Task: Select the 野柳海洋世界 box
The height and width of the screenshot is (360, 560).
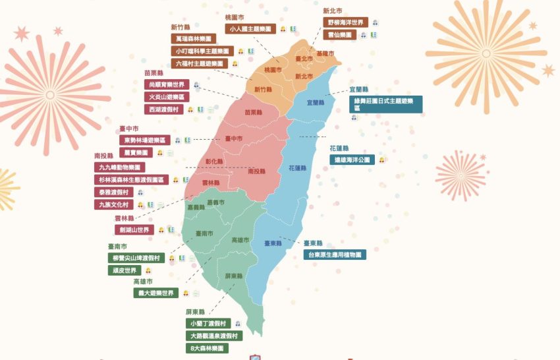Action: coord(345,22)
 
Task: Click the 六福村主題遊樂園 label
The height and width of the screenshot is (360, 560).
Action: coord(199,63)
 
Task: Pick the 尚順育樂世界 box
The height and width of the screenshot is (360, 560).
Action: coord(167,84)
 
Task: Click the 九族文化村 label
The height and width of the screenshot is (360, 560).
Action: coord(114,204)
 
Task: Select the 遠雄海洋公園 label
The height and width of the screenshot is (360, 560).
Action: coord(352,160)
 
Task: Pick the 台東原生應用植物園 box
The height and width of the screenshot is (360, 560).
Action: coord(335,254)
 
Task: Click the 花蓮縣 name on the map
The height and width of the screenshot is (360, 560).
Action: coord(298,168)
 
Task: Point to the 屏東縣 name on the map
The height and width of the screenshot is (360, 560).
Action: coord(233,276)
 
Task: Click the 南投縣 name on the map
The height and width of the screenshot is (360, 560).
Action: coord(257,171)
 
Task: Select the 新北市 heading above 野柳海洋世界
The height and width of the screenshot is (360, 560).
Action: coord(332,11)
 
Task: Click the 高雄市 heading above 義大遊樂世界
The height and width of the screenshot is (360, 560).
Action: coord(143,282)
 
